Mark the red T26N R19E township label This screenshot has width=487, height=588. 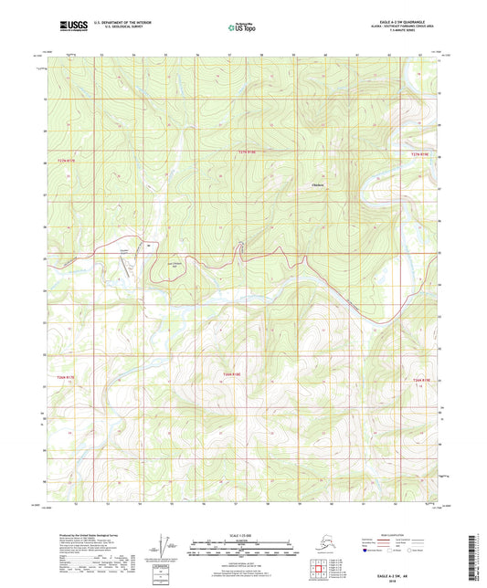420,379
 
